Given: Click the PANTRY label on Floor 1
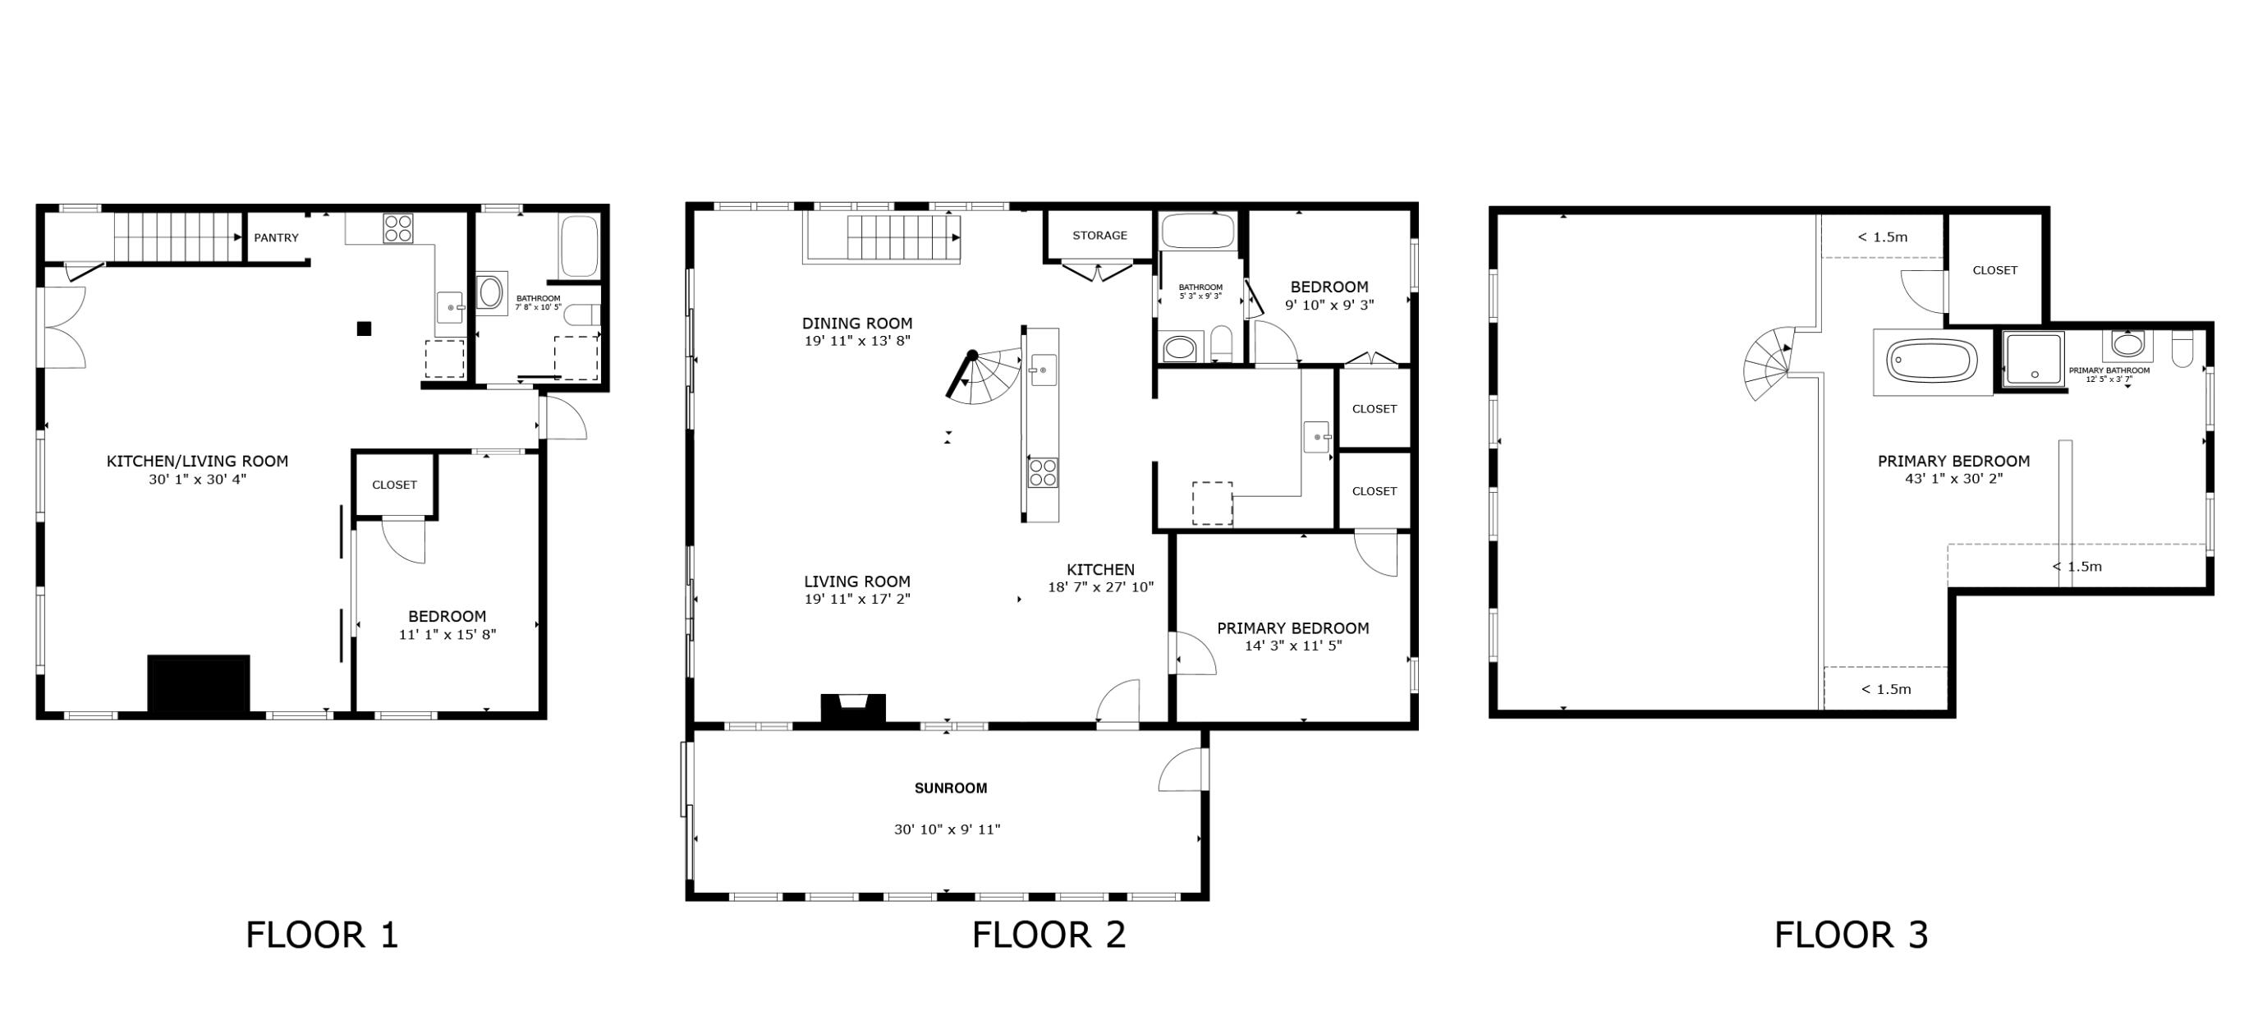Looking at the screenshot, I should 276,237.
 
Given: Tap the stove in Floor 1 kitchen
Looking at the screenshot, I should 398,228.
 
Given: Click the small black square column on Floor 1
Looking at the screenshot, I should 364,329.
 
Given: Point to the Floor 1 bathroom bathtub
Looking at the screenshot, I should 579,246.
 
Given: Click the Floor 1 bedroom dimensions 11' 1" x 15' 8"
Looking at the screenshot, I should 447,635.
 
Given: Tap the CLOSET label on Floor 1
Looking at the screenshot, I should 393,485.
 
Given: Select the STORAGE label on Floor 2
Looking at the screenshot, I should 1099,235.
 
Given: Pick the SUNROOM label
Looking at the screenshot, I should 950,788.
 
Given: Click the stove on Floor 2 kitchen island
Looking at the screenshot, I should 1042,472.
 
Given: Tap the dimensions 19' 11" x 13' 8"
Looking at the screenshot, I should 857,341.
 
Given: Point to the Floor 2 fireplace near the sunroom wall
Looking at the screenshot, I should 852,708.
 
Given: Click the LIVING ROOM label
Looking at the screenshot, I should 856,581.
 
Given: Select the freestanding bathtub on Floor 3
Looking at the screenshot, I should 1932,361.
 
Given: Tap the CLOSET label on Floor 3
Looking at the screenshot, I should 1994,270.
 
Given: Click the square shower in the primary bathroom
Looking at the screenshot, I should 2034,358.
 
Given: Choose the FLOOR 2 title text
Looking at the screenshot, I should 1049,935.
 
